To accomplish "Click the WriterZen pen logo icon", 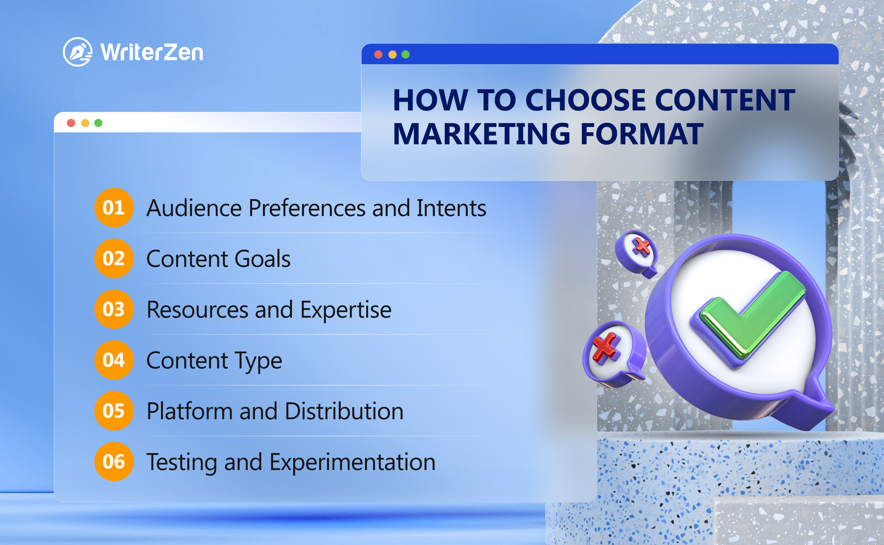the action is click(x=77, y=52).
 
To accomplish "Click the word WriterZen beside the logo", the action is click(x=152, y=52).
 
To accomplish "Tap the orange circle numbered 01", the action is click(x=114, y=208).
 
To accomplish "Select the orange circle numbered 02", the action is click(x=114, y=258).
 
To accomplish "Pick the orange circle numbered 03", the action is click(x=114, y=309).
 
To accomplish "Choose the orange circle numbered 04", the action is click(x=114, y=360).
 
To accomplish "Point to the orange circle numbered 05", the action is click(x=114, y=411).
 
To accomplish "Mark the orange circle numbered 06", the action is click(x=114, y=462).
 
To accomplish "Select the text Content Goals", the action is click(x=218, y=259).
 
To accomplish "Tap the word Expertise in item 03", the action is click(x=346, y=310).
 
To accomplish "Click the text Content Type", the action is click(x=214, y=361).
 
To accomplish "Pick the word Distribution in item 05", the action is click(x=344, y=411).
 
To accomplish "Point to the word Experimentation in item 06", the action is click(x=352, y=463).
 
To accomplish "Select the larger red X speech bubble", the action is click(x=614, y=353).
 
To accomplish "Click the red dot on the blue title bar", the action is click(x=378, y=54).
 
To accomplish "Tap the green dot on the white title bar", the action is click(x=98, y=123).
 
